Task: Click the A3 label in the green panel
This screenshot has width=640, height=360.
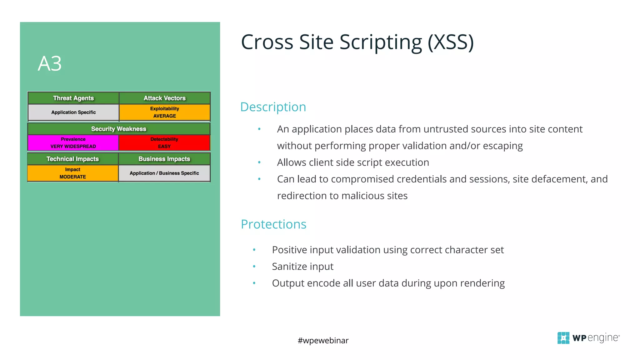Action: [50, 64]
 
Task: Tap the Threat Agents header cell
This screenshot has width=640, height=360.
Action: [73, 98]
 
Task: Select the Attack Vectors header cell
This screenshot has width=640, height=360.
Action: [165, 98]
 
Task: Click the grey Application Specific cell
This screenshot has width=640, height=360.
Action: [73, 112]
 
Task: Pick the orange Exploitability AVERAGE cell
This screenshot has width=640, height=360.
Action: [165, 112]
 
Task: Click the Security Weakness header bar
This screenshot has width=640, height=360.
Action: [119, 129]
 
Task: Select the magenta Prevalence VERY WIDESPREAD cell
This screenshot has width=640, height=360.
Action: [73, 143]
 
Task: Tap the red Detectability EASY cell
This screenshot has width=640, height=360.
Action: [164, 143]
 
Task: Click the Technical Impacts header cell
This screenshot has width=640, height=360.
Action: [73, 159]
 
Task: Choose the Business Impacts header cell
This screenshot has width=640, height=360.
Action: [164, 159]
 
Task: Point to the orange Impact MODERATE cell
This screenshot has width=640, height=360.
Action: [73, 173]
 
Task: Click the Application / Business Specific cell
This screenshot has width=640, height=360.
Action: [164, 173]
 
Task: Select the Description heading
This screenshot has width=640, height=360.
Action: [273, 107]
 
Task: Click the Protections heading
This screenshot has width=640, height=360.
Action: [273, 224]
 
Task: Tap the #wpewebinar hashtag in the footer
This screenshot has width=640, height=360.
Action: [323, 340]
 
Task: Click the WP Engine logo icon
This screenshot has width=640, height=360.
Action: [563, 338]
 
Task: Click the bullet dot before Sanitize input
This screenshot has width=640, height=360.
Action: [254, 267]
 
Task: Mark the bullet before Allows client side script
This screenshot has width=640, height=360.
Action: [259, 162]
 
